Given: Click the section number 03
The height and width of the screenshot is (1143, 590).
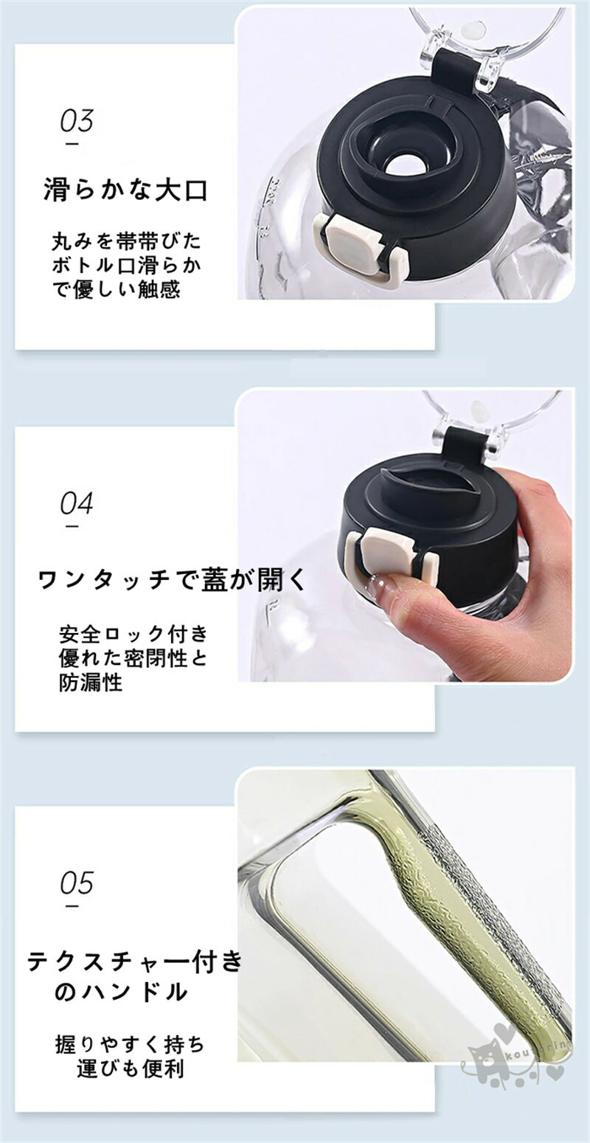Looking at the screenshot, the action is [x=77, y=120].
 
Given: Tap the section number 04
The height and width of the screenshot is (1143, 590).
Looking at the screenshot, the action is [x=77, y=503].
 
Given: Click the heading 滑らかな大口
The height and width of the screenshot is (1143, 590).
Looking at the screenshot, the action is [x=125, y=190].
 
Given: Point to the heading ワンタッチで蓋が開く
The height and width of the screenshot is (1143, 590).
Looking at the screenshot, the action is [x=173, y=580].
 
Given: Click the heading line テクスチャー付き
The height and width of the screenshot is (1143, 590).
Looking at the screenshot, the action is [x=134, y=961].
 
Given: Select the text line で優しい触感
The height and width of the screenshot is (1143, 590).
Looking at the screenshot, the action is [x=116, y=290].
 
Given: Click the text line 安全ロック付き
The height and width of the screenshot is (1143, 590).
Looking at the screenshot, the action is [x=133, y=635].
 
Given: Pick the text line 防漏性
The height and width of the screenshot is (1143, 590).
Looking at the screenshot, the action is [x=91, y=683].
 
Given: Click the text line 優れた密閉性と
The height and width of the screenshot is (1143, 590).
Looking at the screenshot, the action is [x=133, y=659].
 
